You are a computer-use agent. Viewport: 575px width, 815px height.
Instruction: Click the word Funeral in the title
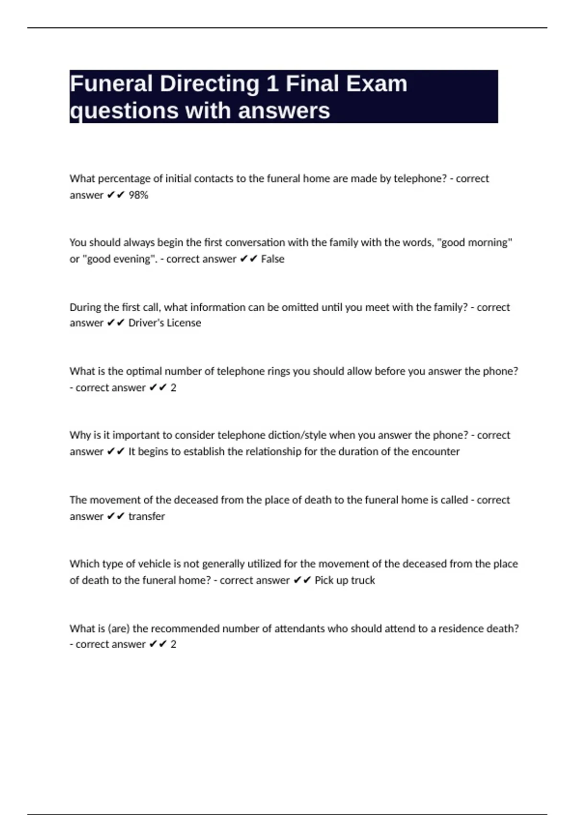coord(111,84)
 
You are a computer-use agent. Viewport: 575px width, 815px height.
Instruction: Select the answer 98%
coord(138,195)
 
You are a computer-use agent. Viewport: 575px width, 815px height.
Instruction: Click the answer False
coord(273,259)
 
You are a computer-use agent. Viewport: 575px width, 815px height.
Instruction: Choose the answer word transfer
coord(147,516)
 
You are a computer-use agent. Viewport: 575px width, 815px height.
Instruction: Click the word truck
coord(363,580)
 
